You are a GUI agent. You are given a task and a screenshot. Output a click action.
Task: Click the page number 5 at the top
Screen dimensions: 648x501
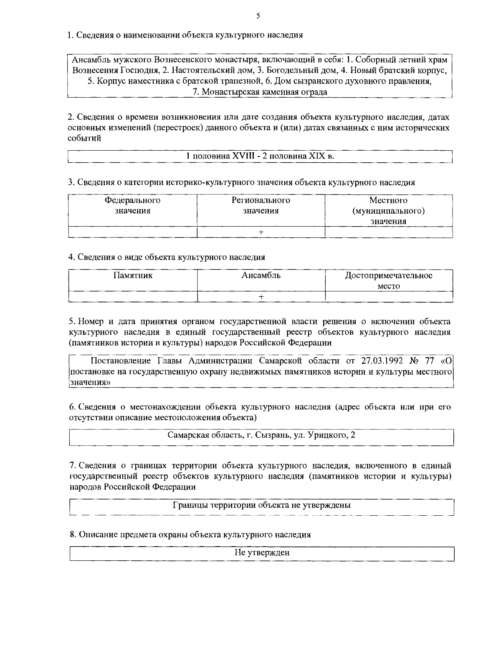pos(258,16)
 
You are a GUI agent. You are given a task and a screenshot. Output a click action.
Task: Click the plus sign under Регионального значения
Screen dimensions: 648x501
pos(261,232)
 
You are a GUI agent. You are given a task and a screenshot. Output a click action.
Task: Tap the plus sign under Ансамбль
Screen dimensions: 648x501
pos(261,296)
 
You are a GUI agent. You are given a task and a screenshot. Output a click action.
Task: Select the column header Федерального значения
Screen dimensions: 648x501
pos(132,205)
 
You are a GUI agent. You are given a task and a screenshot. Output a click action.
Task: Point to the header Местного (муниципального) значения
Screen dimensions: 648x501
pos(389,211)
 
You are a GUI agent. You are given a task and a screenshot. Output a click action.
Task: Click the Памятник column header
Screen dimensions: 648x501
pos(132,275)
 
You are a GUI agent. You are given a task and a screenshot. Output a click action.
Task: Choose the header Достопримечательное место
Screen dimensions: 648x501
pos(389,280)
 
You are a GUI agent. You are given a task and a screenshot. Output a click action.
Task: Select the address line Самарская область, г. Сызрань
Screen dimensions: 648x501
pos(261,435)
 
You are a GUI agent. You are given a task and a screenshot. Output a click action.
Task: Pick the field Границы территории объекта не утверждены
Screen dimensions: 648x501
pos(261,505)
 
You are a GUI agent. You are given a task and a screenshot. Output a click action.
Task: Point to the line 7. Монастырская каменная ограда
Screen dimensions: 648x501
pos(260,92)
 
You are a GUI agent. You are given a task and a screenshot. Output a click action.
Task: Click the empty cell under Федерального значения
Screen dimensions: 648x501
pos(132,232)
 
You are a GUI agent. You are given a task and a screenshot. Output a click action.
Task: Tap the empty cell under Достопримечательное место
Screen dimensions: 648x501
pos(389,296)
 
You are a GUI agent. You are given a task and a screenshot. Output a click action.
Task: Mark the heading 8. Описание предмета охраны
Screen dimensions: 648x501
pos(190,535)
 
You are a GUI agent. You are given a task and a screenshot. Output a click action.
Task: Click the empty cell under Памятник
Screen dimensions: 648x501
pos(132,296)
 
